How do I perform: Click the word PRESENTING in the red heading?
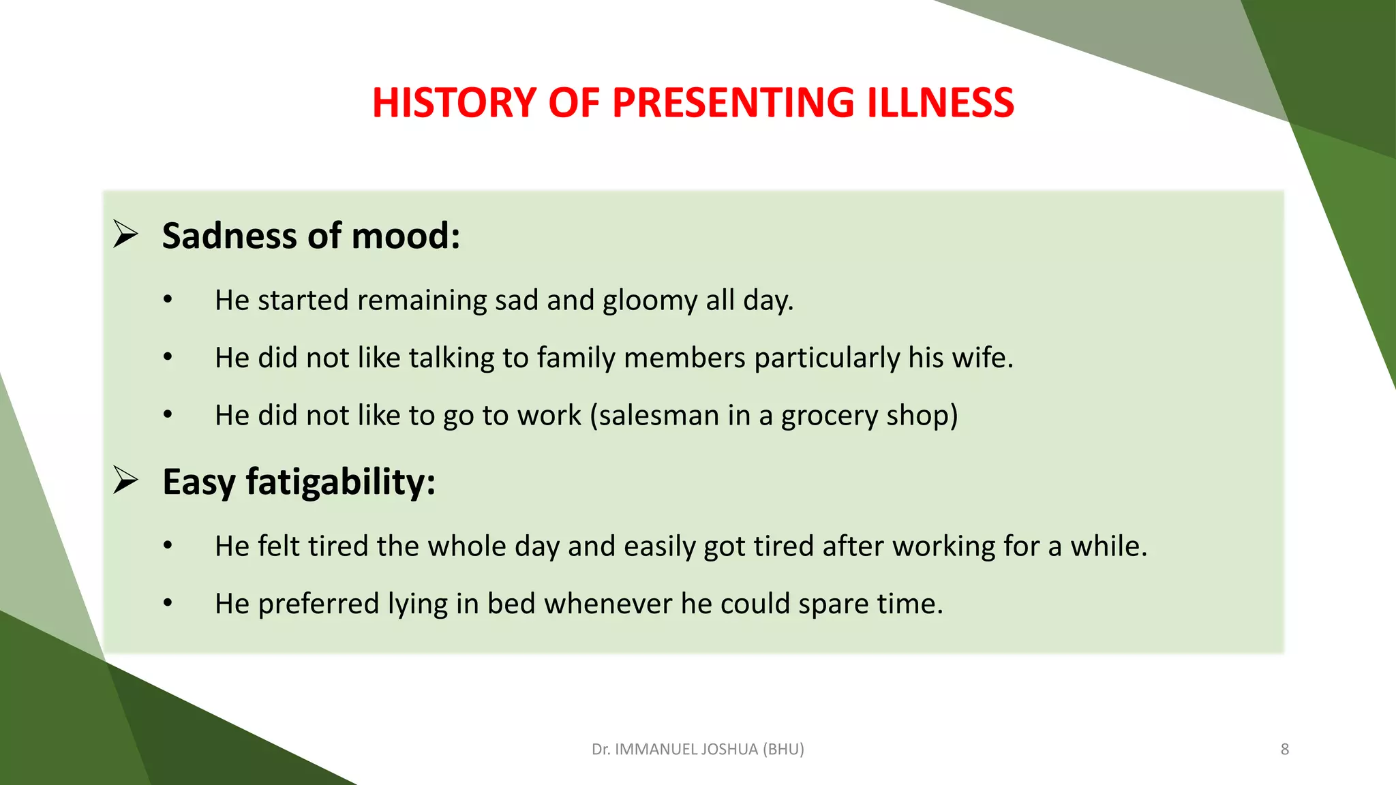click(x=732, y=103)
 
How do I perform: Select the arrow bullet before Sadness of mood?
click(x=125, y=234)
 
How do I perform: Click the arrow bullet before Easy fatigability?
click(x=125, y=480)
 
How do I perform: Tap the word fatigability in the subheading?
click(x=340, y=482)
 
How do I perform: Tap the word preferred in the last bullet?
click(x=318, y=604)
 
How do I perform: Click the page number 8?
click(x=1285, y=750)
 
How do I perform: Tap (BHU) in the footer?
click(x=783, y=750)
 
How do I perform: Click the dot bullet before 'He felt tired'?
click(x=168, y=546)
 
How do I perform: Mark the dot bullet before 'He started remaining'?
click(x=168, y=300)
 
